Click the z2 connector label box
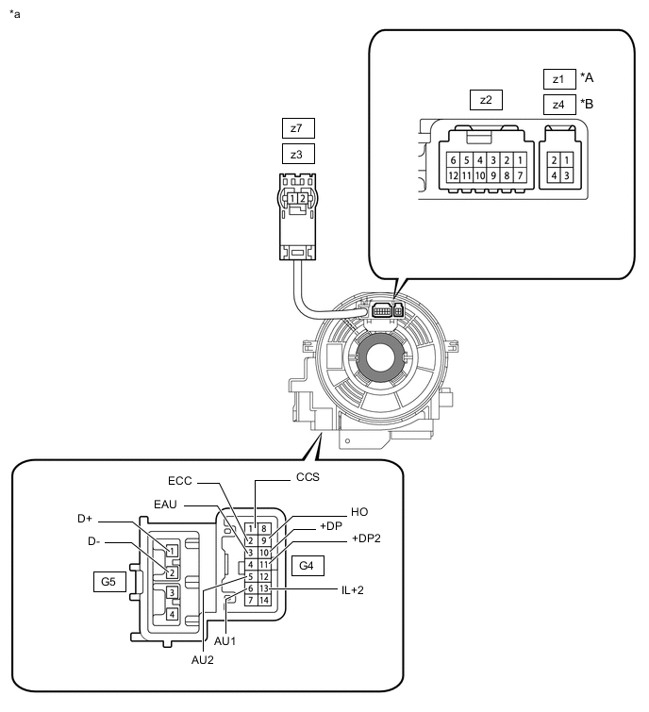486,100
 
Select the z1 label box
558,78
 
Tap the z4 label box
558,104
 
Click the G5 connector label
108,583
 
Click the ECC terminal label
180,481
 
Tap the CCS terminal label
308,477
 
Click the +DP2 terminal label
367,538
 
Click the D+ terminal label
85,520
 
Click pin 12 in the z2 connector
454,175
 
